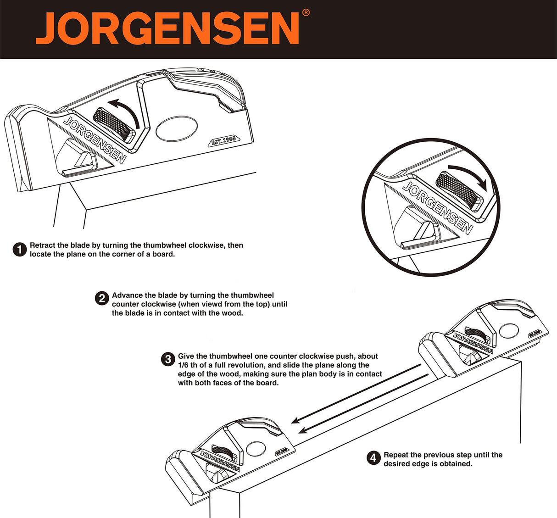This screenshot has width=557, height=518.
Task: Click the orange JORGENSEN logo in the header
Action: (x=167, y=28)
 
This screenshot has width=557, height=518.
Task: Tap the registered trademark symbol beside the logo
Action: (x=306, y=13)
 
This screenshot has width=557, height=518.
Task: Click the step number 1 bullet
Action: (x=20, y=250)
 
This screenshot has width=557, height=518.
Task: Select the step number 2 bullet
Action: (x=102, y=298)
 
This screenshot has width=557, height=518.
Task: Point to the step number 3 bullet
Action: (x=168, y=359)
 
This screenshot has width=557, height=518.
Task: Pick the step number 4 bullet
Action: (x=373, y=458)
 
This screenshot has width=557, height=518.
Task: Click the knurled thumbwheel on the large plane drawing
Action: (x=113, y=125)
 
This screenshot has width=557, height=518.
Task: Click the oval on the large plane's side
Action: (x=177, y=128)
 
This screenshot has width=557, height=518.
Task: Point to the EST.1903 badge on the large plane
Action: (x=224, y=140)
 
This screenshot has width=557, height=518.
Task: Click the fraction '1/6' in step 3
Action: (x=183, y=365)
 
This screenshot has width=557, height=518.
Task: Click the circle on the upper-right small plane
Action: (x=509, y=331)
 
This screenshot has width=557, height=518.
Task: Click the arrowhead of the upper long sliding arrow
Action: (x=295, y=421)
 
